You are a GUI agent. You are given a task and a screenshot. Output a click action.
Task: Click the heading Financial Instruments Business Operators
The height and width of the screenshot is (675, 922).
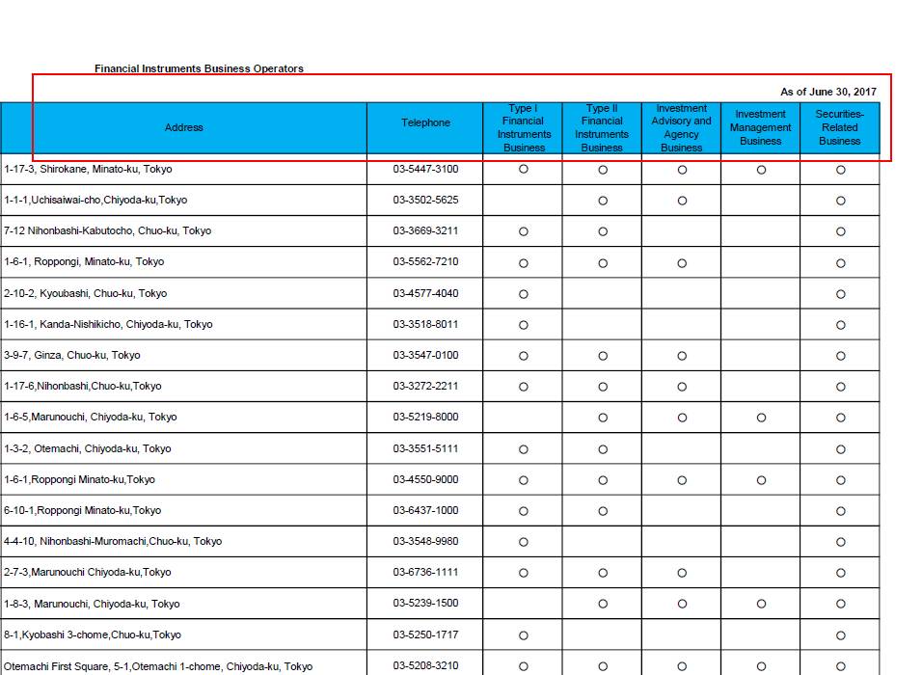(199, 68)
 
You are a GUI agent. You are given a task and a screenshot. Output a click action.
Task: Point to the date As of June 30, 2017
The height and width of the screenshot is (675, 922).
(827, 92)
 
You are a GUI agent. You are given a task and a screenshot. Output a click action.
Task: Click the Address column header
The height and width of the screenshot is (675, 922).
(183, 127)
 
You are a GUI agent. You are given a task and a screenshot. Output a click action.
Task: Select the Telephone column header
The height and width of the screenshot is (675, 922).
(425, 122)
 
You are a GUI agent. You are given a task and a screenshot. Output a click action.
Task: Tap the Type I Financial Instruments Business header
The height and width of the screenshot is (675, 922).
(524, 128)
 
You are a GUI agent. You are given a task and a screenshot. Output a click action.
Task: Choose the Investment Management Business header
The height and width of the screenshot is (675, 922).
(760, 127)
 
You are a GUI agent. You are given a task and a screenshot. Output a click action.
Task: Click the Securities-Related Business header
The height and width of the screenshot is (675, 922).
(839, 127)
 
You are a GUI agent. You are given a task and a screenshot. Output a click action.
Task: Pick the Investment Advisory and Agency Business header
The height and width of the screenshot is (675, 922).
(681, 128)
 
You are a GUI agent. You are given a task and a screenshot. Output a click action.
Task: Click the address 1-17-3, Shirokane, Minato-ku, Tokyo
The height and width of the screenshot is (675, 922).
(88, 169)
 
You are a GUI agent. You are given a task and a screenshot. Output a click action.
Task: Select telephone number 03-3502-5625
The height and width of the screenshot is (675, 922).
(425, 200)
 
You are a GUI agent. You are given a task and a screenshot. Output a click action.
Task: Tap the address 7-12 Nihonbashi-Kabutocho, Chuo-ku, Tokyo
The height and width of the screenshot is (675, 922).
(107, 230)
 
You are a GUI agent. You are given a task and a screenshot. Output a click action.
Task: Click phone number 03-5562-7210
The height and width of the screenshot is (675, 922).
(425, 261)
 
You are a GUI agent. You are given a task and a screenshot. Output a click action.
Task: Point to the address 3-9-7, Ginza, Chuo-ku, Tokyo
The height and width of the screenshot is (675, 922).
(71, 355)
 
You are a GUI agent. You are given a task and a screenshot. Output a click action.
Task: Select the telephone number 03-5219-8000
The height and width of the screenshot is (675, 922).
(425, 417)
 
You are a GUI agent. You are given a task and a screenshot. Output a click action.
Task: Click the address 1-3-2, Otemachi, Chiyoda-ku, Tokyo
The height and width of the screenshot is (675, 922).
(87, 448)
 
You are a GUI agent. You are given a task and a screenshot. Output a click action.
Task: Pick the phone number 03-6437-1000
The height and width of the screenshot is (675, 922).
(425, 510)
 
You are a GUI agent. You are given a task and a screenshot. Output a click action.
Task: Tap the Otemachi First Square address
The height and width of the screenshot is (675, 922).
(158, 666)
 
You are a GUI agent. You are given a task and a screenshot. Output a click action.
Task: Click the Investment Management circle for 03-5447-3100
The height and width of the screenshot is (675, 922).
(761, 170)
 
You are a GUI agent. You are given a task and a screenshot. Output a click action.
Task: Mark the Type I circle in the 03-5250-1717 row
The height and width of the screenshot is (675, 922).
(524, 635)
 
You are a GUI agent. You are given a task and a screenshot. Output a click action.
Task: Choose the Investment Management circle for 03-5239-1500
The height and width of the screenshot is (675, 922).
(761, 605)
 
